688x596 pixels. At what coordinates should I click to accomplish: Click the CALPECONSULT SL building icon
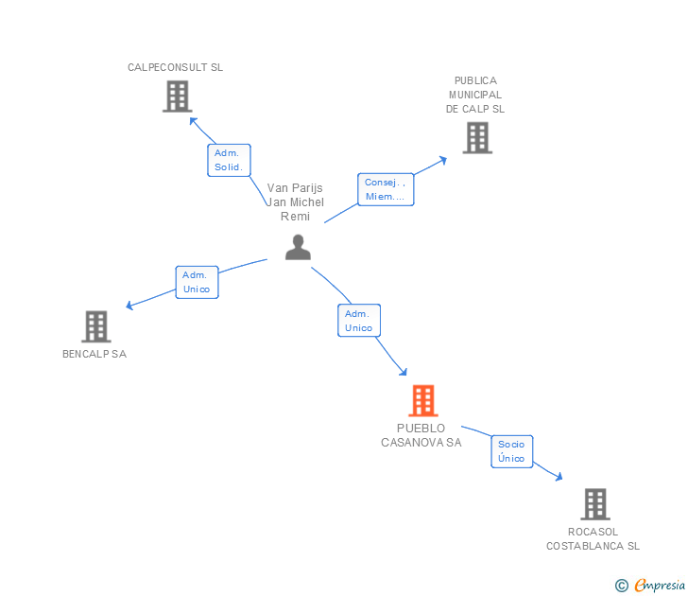point(177,96)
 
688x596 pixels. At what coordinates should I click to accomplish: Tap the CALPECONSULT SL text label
point(175,67)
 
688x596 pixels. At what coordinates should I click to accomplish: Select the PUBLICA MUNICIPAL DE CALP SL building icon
point(476,138)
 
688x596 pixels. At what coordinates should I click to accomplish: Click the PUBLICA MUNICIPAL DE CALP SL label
point(475,95)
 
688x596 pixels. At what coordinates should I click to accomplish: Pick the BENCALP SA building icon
point(96,326)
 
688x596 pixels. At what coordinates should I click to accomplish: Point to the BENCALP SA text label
point(95,354)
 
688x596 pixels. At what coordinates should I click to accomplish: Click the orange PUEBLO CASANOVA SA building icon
point(422,400)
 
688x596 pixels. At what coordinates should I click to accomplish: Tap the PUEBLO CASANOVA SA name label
point(421,435)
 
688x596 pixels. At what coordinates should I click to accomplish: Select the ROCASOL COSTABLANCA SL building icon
point(594,504)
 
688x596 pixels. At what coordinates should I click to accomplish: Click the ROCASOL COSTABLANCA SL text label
point(593,538)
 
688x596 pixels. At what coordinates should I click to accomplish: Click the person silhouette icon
point(298,248)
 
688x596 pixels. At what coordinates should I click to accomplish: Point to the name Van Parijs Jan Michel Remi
point(295,202)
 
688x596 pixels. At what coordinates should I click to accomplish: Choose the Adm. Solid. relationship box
point(229,160)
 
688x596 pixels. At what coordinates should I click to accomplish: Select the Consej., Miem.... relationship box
point(385,189)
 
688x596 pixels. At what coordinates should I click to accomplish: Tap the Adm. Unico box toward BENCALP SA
point(197,282)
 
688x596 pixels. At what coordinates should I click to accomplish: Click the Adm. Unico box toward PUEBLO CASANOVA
point(358,321)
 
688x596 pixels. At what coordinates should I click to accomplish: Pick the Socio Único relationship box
point(511,451)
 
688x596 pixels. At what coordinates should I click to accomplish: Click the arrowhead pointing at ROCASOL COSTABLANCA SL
point(559,477)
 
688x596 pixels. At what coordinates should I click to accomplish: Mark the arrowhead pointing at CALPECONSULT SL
point(193,120)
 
